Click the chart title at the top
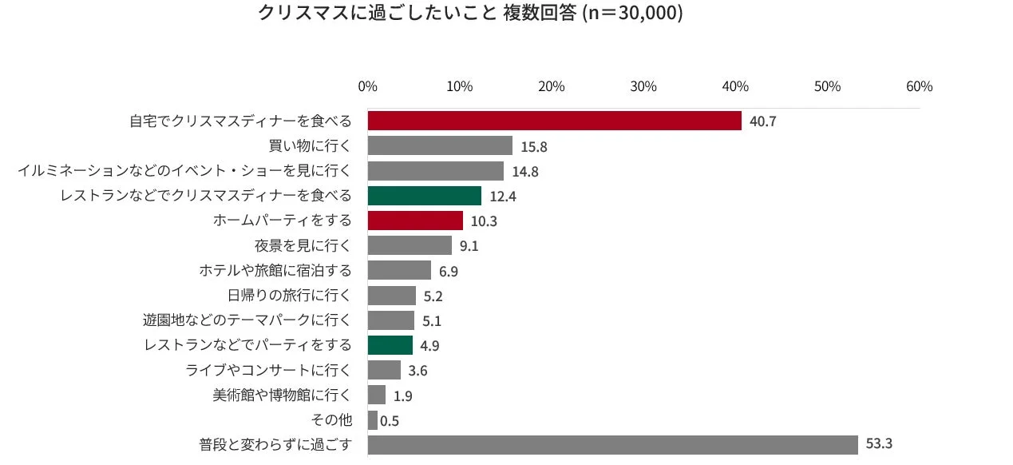click(x=470, y=14)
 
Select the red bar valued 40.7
click(x=554, y=121)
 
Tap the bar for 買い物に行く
click(x=440, y=145)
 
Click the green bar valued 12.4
click(x=424, y=196)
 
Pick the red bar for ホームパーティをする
click(x=415, y=221)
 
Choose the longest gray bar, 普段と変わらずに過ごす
click(x=612, y=444)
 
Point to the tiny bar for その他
click(x=373, y=420)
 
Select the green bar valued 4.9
click(x=390, y=345)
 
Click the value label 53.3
click(x=879, y=444)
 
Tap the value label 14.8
click(x=525, y=171)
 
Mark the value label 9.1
click(x=469, y=246)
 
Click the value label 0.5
click(x=390, y=421)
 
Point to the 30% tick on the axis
click(x=643, y=86)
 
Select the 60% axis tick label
click(x=919, y=86)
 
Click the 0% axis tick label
click(x=368, y=86)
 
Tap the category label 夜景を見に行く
click(x=303, y=245)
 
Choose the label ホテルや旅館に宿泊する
click(x=275, y=270)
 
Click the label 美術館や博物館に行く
click(x=282, y=395)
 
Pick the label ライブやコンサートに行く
click(x=268, y=370)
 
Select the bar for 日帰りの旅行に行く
click(x=392, y=296)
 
